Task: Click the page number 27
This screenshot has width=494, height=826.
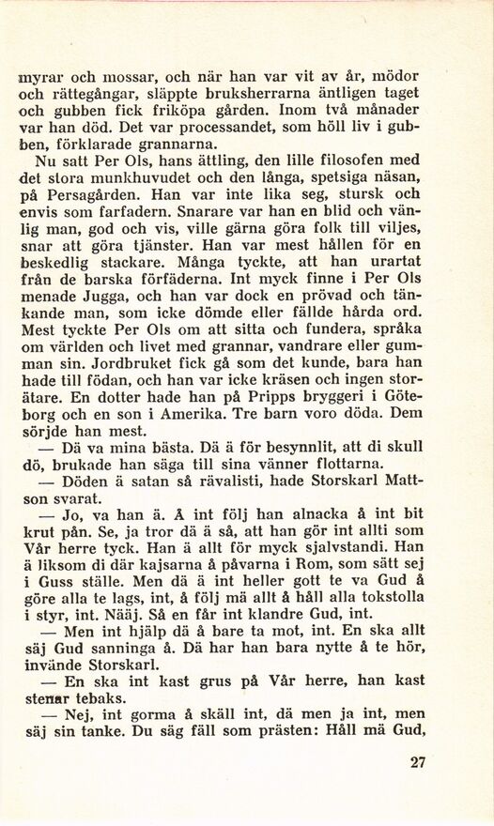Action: click(x=420, y=762)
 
